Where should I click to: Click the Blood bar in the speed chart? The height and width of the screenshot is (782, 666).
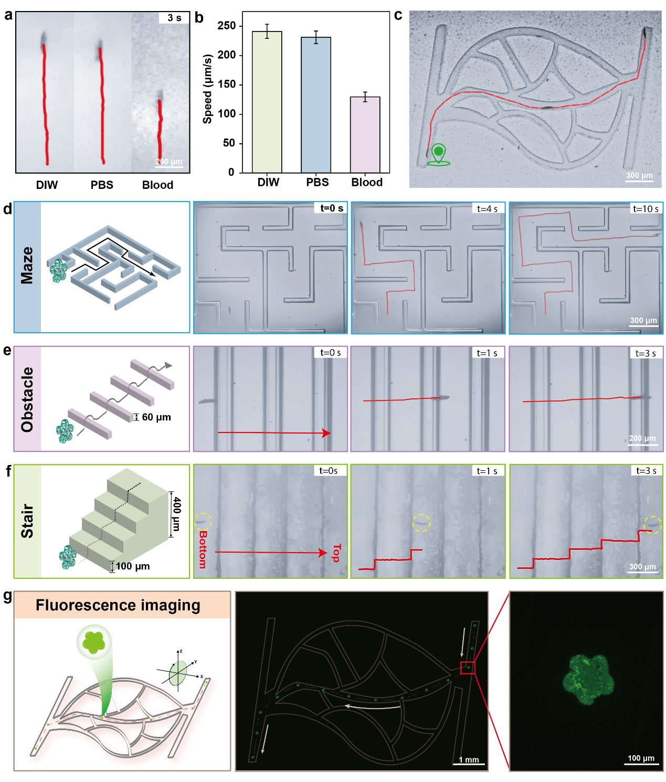click(365, 135)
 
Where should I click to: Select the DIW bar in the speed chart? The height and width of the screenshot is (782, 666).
click(267, 102)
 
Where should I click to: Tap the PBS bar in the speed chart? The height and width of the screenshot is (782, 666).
click(316, 105)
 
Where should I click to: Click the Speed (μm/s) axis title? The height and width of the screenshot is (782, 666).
click(207, 89)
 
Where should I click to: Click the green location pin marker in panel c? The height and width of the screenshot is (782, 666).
click(438, 155)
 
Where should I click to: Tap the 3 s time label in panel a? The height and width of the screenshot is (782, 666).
click(174, 18)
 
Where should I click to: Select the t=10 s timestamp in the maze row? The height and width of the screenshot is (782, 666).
click(646, 208)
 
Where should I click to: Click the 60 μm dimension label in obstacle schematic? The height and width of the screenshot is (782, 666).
click(156, 417)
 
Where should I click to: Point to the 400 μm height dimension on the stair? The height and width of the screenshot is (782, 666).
click(176, 514)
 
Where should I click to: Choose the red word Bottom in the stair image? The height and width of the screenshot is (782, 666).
click(203, 549)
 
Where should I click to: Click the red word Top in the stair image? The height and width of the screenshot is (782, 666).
click(336, 553)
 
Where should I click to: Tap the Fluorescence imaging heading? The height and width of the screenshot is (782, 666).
click(118, 605)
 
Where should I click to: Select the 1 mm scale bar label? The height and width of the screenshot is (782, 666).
click(469, 759)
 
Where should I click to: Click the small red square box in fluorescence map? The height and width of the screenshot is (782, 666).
click(468, 668)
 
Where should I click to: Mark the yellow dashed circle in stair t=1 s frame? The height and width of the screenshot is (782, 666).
click(421, 522)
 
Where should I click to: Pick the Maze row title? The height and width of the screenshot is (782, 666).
click(27, 265)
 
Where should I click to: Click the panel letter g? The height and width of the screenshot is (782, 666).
click(7, 597)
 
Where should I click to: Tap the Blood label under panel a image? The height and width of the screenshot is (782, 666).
click(157, 185)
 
